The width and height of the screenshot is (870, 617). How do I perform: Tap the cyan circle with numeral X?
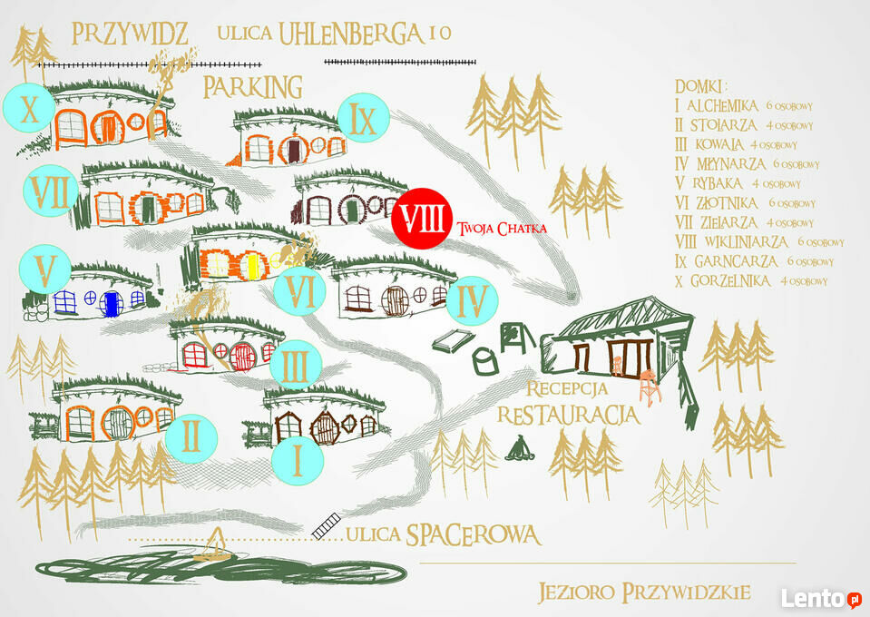(29, 108)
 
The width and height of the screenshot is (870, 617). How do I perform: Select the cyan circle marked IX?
(364, 118)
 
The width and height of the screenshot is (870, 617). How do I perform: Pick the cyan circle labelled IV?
(472, 300)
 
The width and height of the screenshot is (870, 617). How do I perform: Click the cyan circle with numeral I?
(298, 460)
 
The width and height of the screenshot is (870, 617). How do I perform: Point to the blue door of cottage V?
(112, 303)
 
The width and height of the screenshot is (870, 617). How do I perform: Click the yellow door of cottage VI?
(252, 266)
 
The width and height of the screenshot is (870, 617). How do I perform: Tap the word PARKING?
(253, 87)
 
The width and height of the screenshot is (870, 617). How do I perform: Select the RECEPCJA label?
(566, 389)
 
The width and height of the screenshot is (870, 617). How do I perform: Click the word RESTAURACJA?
(568, 415)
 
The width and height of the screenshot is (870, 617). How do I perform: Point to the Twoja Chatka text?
(502, 229)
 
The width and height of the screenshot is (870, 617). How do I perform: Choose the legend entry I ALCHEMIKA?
(744, 105)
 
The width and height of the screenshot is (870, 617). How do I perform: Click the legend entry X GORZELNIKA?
(751, 281)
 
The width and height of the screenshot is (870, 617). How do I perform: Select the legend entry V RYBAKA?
(738, 183)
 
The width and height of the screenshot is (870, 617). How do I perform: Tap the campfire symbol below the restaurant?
(519, 448)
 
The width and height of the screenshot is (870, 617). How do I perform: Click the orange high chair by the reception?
(650, 387)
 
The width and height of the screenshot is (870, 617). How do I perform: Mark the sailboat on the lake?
(215, 545)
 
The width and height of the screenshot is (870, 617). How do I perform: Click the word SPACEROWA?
(474, 534)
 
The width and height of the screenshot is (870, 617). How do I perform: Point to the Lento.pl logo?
(822, 599)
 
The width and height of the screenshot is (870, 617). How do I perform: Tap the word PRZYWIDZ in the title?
(130, 34)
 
